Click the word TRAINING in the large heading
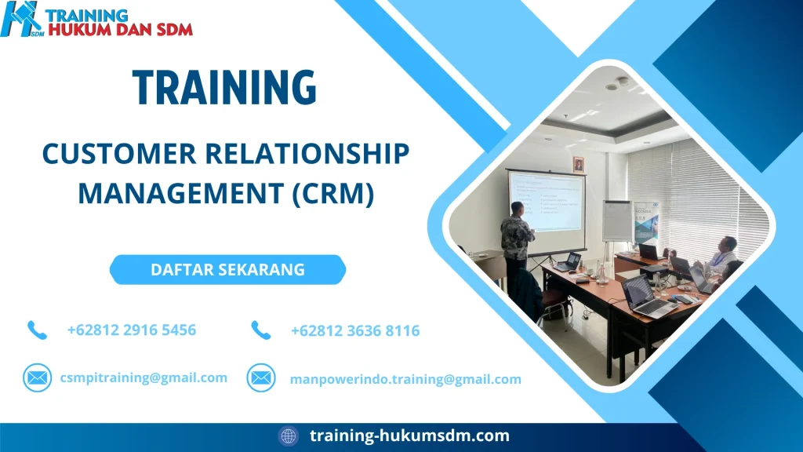click(x=224, y=87)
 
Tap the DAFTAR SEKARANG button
click(x=227, y=270)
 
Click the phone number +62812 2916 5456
click(x=132, y=330)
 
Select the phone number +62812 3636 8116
click(x=354, y=331)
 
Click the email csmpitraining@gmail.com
click(x=144, y=377)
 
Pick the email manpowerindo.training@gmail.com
click(x=405, y=379)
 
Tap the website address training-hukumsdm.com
click(x=409, y=436)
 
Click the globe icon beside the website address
click(x=289, y=436)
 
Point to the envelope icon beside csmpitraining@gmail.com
click(x=37, y=377)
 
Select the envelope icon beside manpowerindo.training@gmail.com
click(x=260, y=378)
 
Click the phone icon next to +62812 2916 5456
click(x=37, y=330)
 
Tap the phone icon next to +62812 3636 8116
click(x=260, y=330)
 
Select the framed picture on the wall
click(x=579, y=164)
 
